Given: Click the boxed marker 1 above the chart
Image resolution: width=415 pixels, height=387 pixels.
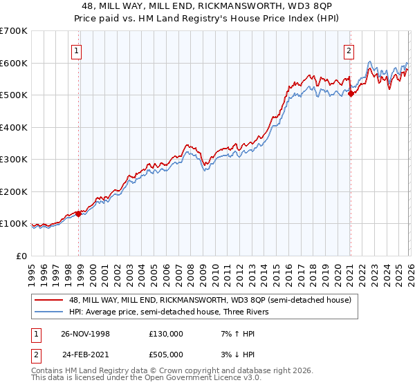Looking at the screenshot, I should pyautogui.click(x=75, y=50).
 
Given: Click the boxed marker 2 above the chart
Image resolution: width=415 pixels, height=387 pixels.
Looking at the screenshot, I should pyautogui.click(x=349, y=50).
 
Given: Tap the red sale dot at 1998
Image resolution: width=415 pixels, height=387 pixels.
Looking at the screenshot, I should pyautogui.click(x=79, y=214).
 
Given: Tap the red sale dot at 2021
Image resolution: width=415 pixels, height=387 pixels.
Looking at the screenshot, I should pyautogui.click(x=351, y=94).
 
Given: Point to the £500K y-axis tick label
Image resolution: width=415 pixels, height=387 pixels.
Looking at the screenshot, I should pyautogui.click(x=14, y=95).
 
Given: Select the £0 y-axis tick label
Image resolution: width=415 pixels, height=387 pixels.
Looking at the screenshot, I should pyautogui.click(x=23, y=256).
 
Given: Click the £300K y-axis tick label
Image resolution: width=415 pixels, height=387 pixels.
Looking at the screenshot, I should pyautogui.click(x=14, y=160).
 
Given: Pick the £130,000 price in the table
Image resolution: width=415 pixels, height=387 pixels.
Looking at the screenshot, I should pyautogui.click(x=165, y=334).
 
